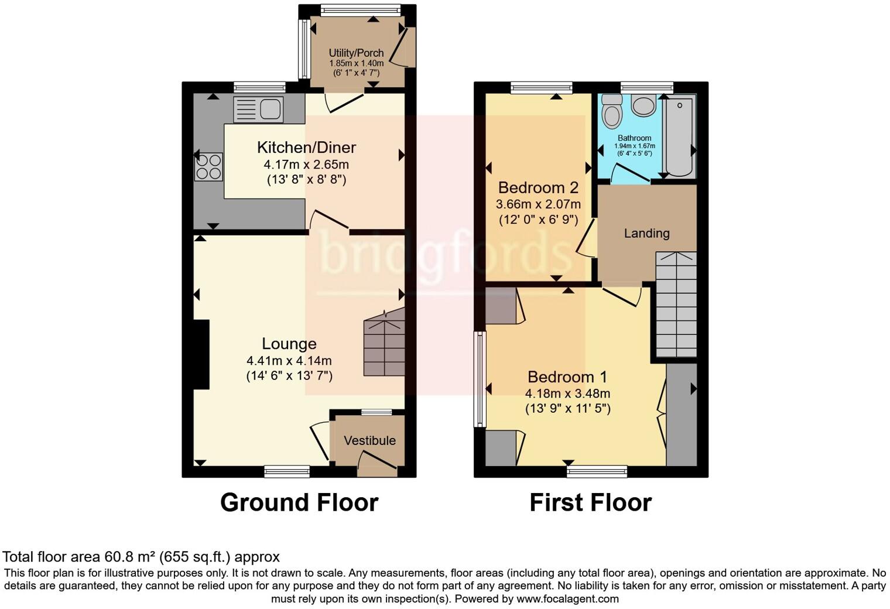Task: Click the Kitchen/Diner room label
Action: pos(306,148)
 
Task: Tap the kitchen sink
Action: pos(258,110)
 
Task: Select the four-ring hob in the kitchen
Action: pos(209,166)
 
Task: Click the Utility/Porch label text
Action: pos(356,53)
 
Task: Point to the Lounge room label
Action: pos(289,344)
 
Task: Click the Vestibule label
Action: pos(369,440)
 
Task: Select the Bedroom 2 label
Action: pos(538,187)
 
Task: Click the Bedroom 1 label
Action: pos(567,377)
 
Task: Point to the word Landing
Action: pos(646,233)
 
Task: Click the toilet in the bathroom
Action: pos(612,111)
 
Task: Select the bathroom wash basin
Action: pos(644,106)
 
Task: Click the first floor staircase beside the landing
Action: pos(676,304)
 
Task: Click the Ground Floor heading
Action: pos(299,502)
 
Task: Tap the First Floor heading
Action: pos(590,502)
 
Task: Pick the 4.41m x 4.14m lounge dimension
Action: pos(289,361)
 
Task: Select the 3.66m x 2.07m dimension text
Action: pos(538,204)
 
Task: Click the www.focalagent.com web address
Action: pos(567,598)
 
